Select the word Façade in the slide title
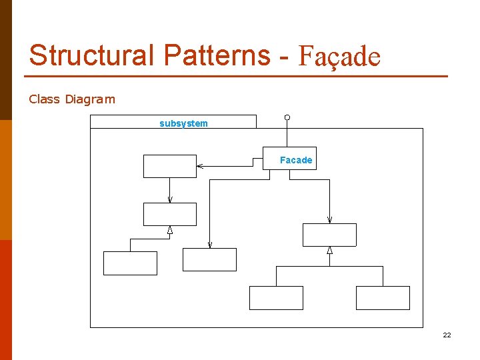[x=339, y=57]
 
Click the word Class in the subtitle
[x=45, y=99]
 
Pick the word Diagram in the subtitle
[x=90, y=99]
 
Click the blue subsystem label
[x=183, y=123]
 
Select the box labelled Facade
[x=289, y=159]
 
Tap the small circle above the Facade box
[x=287, y=118]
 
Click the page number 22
[x=447, y=335]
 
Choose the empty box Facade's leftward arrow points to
[x=170, y=166]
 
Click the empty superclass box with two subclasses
[x=329, y=235]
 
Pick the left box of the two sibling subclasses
[x=276, y=298]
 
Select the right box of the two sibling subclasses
[x=383, y=298]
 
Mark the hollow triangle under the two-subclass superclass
[x=329, y=251]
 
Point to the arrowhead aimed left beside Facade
[x=200, y=166]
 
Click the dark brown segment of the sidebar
[x=6, y=60]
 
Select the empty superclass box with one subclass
[x=170, y=214]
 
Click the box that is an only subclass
[x=130, y=263]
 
